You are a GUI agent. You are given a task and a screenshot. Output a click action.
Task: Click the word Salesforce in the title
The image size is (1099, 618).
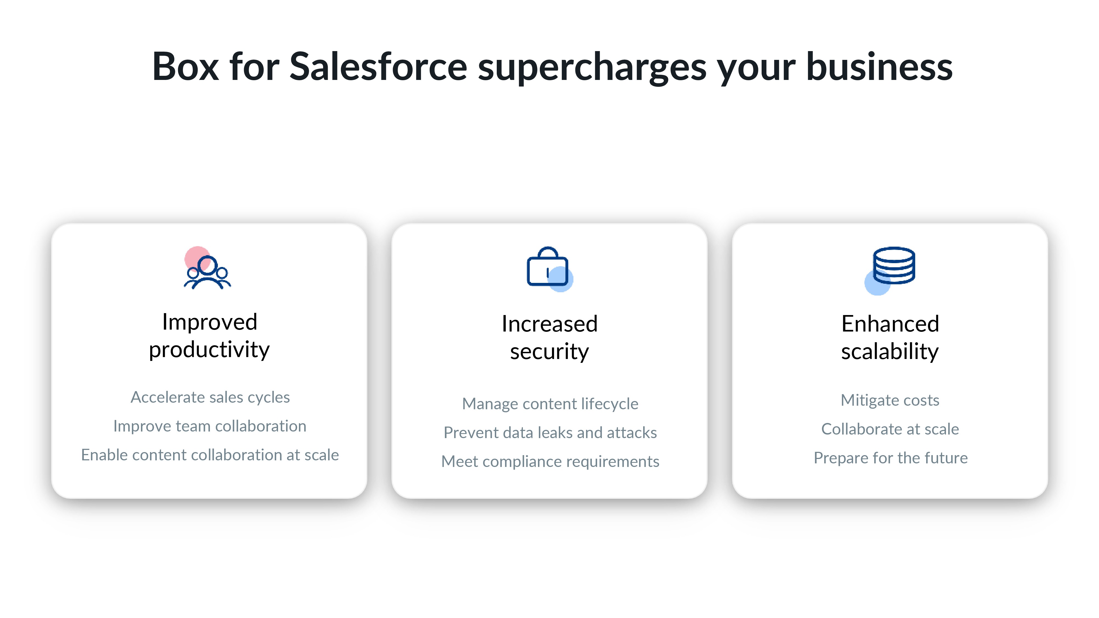378,67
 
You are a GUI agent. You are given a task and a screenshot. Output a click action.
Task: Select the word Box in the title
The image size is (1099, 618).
185,67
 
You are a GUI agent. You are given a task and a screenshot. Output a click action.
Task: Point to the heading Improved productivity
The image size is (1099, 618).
209,336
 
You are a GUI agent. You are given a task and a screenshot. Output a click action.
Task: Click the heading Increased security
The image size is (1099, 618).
549,337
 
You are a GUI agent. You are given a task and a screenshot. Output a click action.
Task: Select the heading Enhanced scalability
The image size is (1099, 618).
890,337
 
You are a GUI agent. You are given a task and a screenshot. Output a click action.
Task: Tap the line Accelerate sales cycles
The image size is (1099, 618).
210,397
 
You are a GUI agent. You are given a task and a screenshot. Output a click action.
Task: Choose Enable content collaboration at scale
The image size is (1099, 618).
210,455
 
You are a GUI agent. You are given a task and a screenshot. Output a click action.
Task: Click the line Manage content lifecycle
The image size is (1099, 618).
550,404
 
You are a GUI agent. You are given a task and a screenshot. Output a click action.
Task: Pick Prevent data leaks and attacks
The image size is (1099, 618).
550,433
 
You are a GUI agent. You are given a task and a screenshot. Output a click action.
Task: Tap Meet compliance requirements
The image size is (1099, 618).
550,461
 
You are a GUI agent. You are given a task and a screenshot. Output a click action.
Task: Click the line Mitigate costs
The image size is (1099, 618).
890,400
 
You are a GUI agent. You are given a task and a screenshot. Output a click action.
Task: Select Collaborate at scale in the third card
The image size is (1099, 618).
890,429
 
